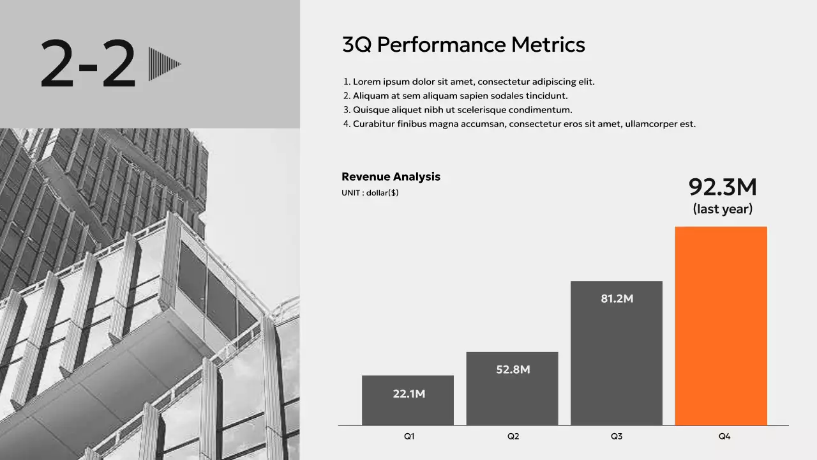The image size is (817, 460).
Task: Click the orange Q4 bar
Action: pos(721,326)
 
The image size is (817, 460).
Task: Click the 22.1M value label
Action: pos(408,394)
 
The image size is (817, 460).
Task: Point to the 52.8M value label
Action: pos(513,370)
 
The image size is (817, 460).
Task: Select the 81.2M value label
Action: pos(617,299)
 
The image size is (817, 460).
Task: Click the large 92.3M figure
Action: pos(723,187)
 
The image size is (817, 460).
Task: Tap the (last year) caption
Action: pos(723,209)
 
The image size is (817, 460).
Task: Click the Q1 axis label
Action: pos(409,436)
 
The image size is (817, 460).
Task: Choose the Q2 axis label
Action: pos(513,436)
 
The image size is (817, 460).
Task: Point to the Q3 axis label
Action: pos(617,436)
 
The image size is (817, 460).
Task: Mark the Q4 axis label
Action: pos(724,436)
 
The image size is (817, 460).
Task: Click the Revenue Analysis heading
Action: pos(391,177)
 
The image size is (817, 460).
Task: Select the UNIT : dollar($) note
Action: pos(370,193)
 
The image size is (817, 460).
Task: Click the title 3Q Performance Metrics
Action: pos(463,45)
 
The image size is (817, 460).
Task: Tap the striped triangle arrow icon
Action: pos(164,64)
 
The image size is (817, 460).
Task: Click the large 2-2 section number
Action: pos(88,64)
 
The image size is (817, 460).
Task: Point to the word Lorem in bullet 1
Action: pos(366,82)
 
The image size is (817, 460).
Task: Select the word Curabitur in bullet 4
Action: pos(373,124)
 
